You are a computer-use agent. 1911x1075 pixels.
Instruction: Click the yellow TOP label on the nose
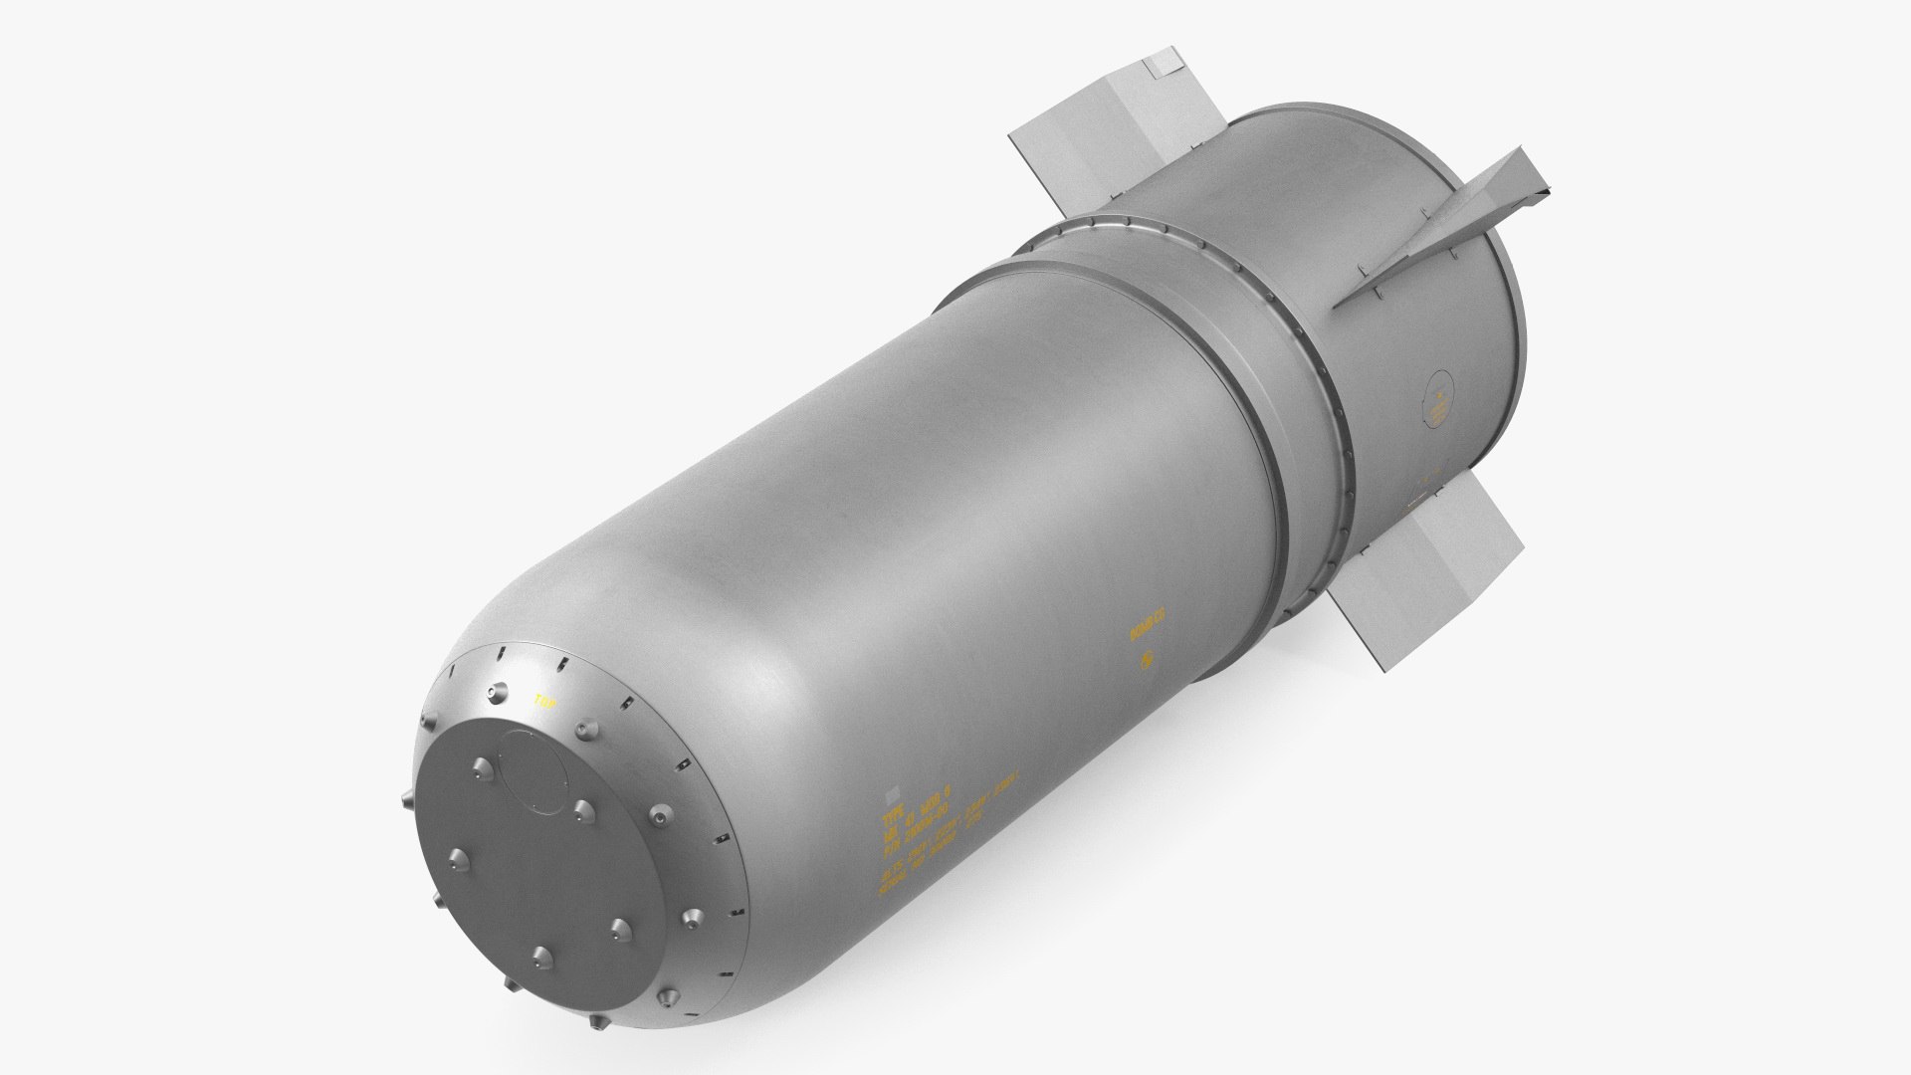(544, 701)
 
